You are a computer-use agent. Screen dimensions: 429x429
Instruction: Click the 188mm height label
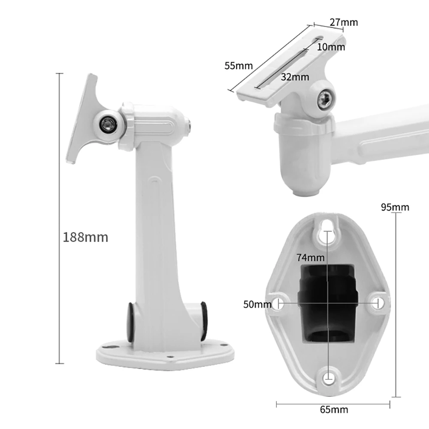point(85,237)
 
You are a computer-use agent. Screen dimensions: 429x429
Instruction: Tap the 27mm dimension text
point(344,22)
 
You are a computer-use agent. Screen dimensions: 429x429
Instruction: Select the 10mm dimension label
point(331,47)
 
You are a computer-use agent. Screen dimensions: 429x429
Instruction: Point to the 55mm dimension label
point(239,66)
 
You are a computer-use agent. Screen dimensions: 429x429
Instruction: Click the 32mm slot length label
point(295,77)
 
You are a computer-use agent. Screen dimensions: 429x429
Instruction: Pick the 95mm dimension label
point(395,207)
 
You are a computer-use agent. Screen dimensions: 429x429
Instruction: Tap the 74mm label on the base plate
point(311,257)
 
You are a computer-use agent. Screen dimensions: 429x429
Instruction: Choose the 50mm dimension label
point(257,304)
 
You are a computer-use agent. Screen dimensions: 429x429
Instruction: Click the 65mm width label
point(334,410)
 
